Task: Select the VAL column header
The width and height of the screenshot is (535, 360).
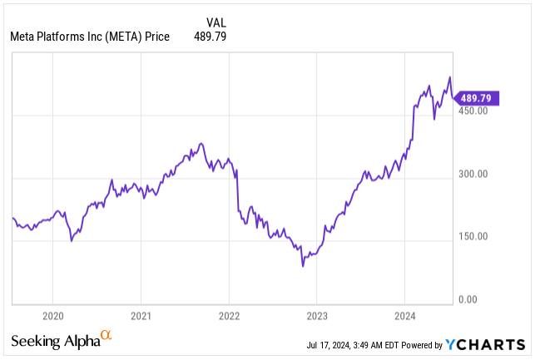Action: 215,22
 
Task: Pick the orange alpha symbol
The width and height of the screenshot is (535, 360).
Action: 106,336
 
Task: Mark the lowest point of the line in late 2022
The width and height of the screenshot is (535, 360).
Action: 303,265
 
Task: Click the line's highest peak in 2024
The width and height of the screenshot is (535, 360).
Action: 450,77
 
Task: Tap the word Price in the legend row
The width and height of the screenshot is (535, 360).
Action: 156,37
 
